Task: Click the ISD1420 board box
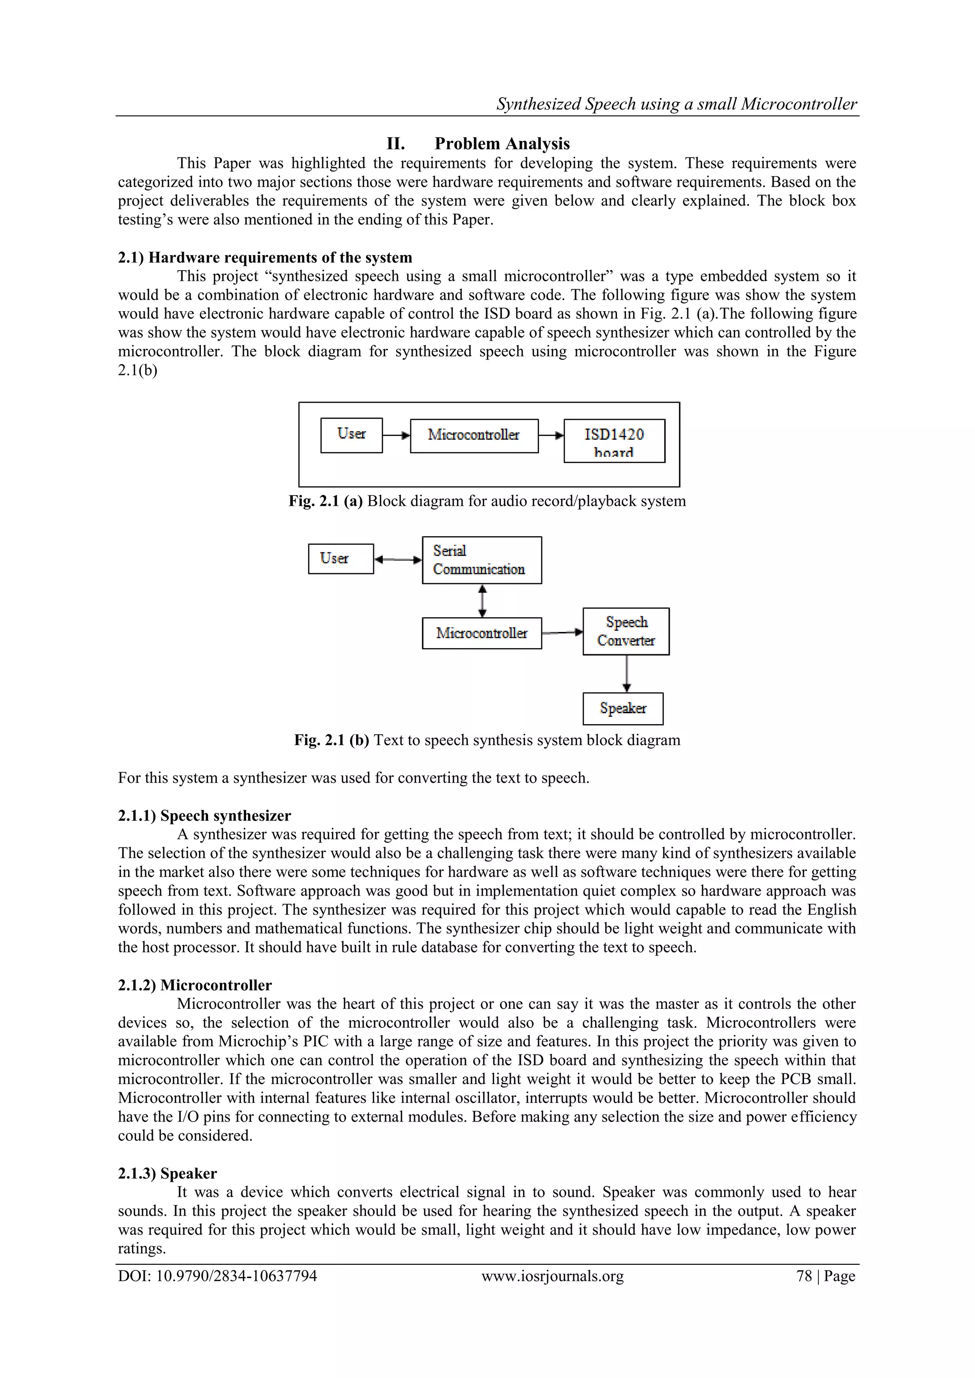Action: pos(614,441)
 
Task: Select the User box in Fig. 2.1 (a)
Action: pos(351,435)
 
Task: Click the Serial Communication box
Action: pos(481,561)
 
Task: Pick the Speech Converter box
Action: pos(626,631)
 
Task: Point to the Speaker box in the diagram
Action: pos(623,709)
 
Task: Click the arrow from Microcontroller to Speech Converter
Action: pos(562,632)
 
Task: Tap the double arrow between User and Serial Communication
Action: pos(398,560)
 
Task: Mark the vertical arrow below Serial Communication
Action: pos(481,601)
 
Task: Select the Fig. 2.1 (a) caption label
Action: pos(326,501)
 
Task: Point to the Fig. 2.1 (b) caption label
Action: pos(331,740)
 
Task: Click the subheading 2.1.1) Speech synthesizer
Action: pos(204,816)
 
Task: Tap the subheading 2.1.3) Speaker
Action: pos(167,1173)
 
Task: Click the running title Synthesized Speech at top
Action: pos(676,104)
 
